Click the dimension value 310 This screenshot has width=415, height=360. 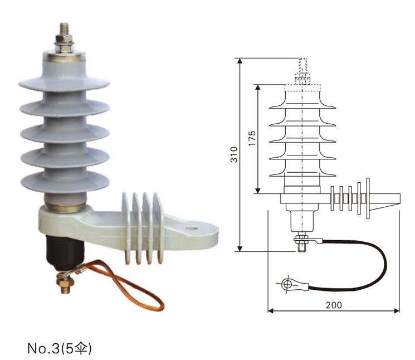point(235,154)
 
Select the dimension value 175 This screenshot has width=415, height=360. point(252,138)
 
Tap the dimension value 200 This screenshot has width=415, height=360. point(334,304)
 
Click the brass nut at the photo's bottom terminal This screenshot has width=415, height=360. point(65,285)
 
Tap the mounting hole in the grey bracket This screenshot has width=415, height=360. point(192,227)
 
